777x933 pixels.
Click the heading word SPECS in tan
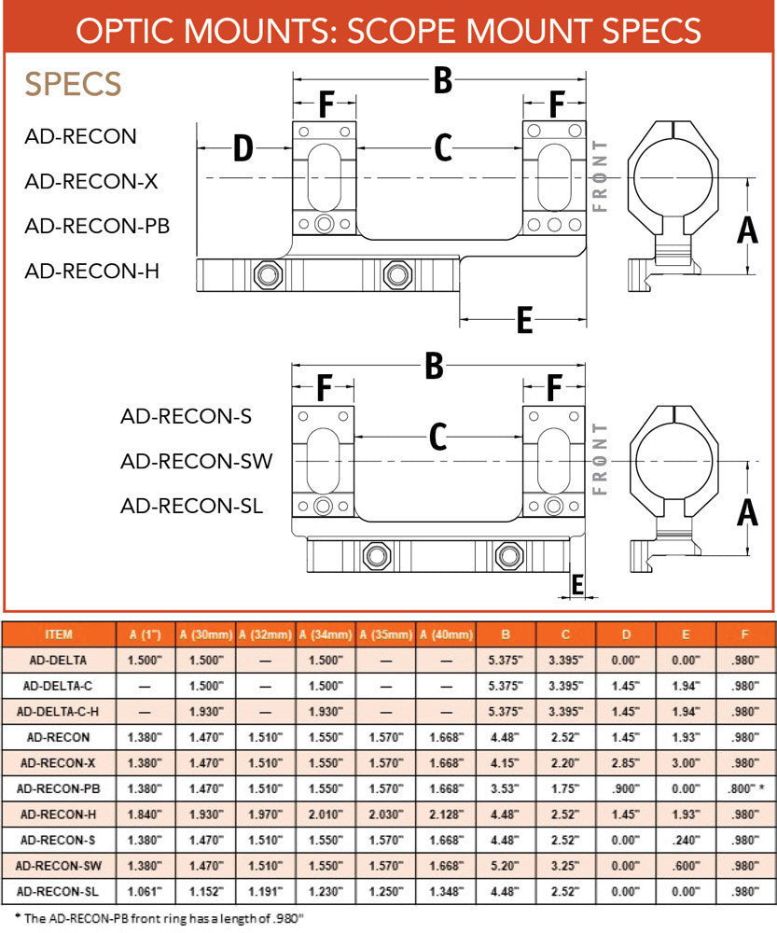pos(73,84)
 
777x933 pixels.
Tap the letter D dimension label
pos(243,147)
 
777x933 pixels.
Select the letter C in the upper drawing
pos(442,147)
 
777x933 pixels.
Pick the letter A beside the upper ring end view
pos(747,228)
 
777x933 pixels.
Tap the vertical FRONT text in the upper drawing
pos(600,175)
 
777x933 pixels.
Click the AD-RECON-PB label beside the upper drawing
pos(97,226)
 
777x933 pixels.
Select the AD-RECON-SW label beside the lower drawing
pos(196,461)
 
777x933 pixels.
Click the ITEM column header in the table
pos(59,634)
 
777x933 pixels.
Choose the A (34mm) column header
pos(326,634)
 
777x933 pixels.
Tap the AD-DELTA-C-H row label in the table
pos(59,711)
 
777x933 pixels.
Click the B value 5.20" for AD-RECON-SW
pos(505,864)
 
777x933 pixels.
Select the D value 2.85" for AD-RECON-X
pos(626,762)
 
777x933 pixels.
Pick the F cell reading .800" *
pos(745,787)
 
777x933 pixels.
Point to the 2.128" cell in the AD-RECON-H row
pos(445,813)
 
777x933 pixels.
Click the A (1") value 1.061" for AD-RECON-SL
pos(145,890)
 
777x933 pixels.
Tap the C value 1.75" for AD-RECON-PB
pos(565,787)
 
